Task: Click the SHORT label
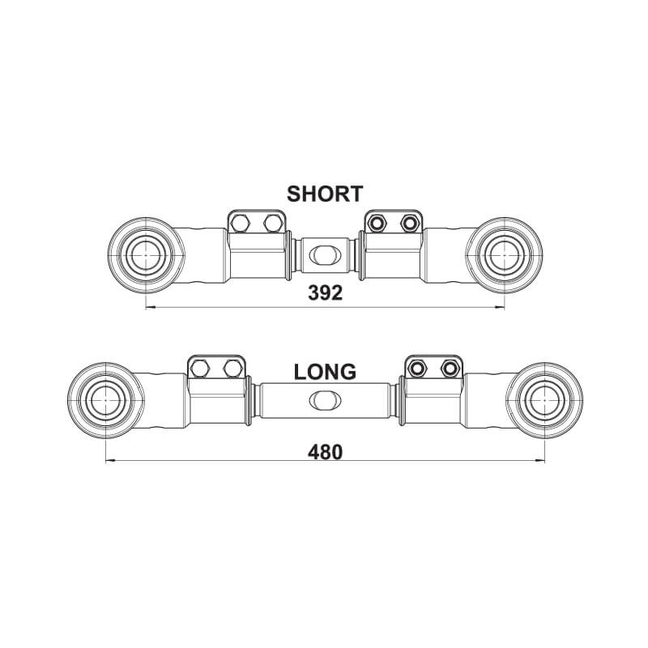[325, 194]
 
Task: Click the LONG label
[325, 372]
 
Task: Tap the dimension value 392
[326, 293]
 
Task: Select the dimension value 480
[326, 452]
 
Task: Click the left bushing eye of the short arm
[147, 255]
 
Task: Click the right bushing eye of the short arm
[504, 255]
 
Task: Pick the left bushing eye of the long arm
[106, 400]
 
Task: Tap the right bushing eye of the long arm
[544, 400]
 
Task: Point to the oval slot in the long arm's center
[326, 399]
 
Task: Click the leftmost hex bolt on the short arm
[240, 224]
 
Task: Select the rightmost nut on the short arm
[409, 224]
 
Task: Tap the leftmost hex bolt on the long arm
[199, 369]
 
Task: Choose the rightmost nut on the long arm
[450, 369]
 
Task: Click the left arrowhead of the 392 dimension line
[150, 308]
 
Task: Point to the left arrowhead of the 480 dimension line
[110, 460]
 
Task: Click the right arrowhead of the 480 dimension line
[540, 460]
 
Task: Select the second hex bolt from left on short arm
[272, 224]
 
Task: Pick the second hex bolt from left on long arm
[232, 369]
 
